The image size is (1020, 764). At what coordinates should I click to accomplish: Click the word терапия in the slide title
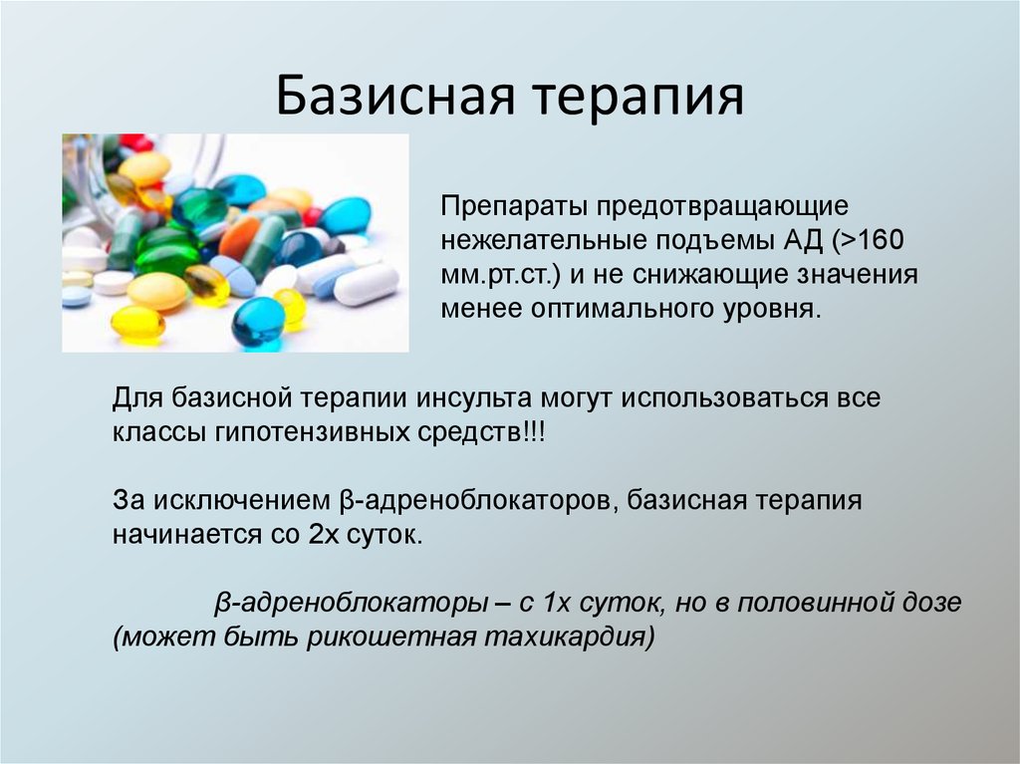point(643,98)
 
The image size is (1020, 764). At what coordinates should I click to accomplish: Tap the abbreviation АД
point(791,242)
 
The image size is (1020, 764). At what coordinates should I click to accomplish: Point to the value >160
point(871,242)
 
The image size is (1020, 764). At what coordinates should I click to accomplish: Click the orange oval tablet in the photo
point(239,238)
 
